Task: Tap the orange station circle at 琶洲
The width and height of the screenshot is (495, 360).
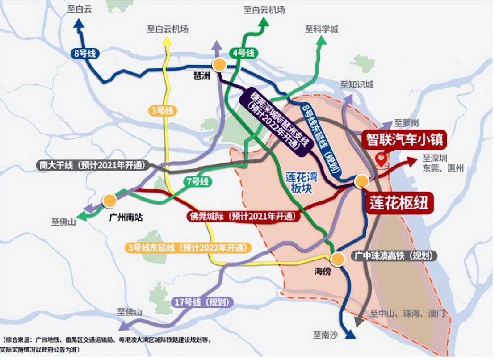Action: pyautogui.click(x=219, y=65)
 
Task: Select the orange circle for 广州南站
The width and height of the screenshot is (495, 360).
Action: pyautogui.click(x=109, y=201)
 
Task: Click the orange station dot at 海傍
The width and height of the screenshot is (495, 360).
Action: pyautogui.click(x=338, y=259)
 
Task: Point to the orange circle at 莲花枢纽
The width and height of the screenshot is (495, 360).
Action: pyautogui.click(x=361, y=181)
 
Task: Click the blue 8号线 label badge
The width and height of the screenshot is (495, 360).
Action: pyautogui.click(x=86, y=54)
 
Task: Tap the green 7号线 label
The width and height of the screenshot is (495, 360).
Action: pyautogui.click(x=197, y=181)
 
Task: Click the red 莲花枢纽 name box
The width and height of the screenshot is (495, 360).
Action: pyautogui.click(x=399, y=203)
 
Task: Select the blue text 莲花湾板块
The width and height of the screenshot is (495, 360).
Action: pyautogui.click(x=301, y=182)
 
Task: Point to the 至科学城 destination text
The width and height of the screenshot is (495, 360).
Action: pyautogui.click(x=322, y=29)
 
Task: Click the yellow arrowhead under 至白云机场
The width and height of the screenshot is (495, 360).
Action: pyautogui.click(x=167, y=41)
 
